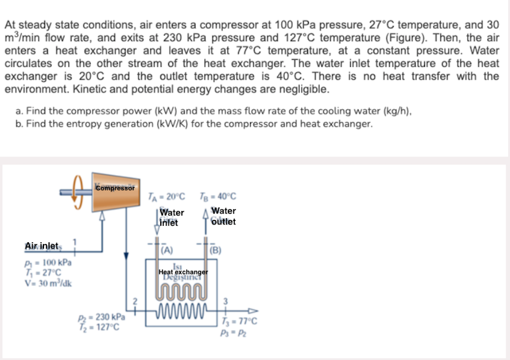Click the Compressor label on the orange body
point(115,188)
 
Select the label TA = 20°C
point(167,196)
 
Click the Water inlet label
point(171,218)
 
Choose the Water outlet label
point(223,216)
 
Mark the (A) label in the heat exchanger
point(167,251)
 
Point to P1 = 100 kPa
point(49,262)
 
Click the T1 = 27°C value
point(43,271)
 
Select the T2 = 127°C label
point(101,327)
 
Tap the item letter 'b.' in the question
point(21,124)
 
